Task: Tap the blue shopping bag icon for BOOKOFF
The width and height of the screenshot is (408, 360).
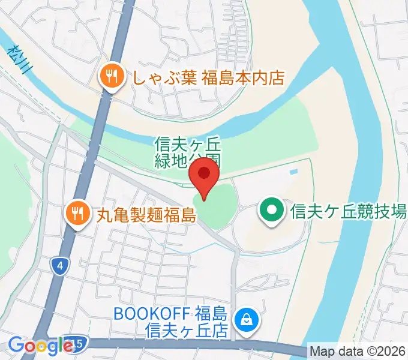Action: click(245, 320)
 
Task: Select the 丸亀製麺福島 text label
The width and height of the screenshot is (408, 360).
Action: click(146, 214)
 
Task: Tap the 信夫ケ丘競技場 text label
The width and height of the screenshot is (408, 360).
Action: click(348, 211)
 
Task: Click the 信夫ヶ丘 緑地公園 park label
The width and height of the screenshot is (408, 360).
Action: click(187, 152)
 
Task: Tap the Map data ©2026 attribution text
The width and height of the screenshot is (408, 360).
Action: click(358, 351)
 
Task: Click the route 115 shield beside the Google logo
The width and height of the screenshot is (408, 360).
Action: click(78, 343)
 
